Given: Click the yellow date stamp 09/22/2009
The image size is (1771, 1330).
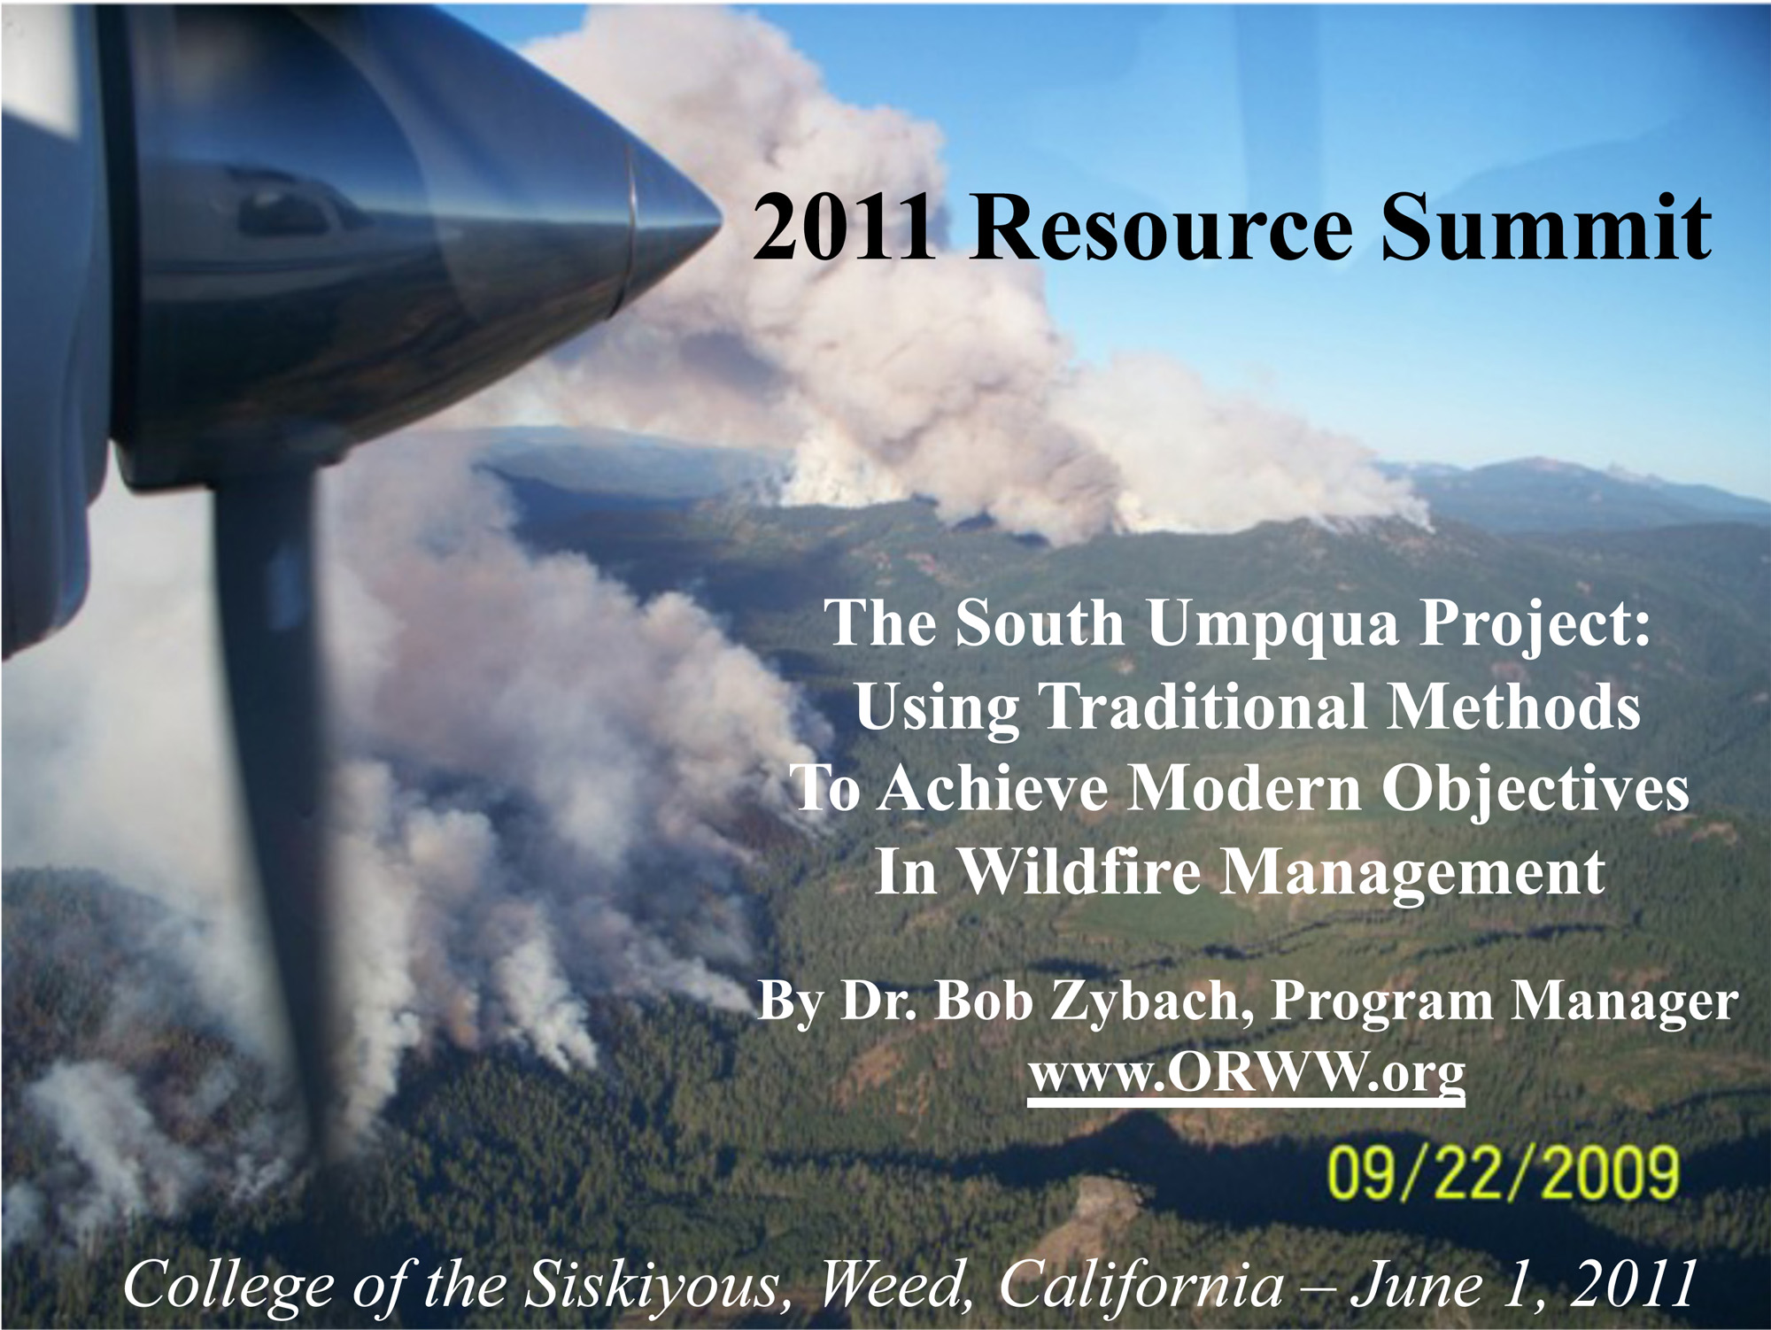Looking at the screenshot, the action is click(1503, 1172).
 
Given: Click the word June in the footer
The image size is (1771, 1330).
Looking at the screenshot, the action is click(1416, 1284).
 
